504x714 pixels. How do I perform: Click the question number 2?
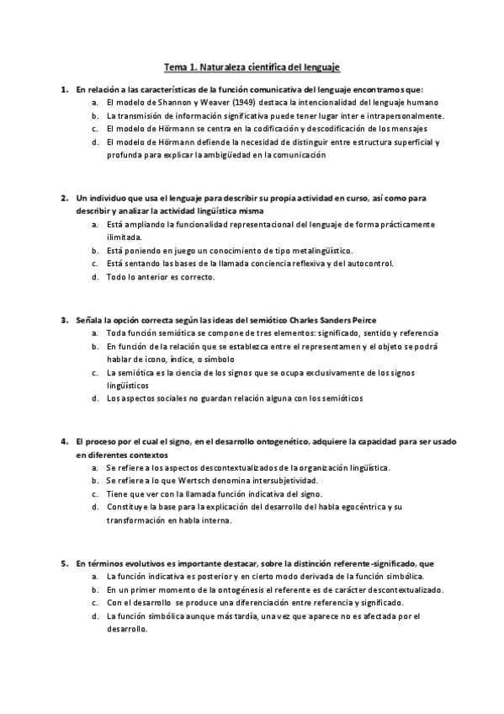64,198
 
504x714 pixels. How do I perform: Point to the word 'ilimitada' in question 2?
124,237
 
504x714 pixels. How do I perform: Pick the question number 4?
64,441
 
